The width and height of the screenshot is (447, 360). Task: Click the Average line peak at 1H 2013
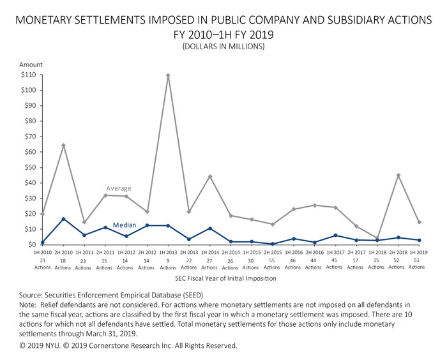[x=168, y=75]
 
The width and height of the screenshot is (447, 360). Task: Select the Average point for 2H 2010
[x=63, y=146]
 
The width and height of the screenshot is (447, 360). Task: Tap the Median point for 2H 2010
[x=63, y=219]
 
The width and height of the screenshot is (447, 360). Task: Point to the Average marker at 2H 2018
[x=398, y=175]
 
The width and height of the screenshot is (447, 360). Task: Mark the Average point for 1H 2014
[x=210, y=176]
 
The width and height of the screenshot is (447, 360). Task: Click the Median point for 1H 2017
[x=335, y=236]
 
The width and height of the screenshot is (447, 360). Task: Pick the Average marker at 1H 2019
[x=420, y=222]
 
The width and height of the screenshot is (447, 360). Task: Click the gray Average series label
[x=119, y=188]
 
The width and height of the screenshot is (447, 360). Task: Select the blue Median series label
[x=125, y=225]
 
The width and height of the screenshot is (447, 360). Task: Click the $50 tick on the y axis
[x=27, y=167]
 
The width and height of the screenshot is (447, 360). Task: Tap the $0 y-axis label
[x=30, y=244]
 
